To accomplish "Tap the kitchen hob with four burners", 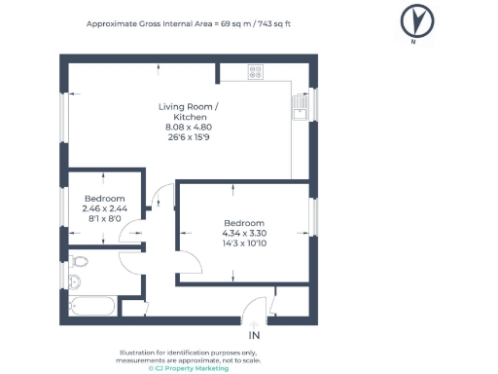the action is click(x=256, y=72).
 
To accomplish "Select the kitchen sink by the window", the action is click(x=301, y=108).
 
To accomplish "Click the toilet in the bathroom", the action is click(x=79, y=261).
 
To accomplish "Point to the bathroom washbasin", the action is click(x=75, y=281).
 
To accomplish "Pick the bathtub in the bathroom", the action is click(x=92, y=306).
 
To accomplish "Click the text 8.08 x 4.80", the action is click(x=189, y=127).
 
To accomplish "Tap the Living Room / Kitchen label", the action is click(x=189, y=112).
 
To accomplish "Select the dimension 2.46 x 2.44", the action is click(x=105, y=208).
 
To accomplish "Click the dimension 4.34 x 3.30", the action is click(x=244, y=233).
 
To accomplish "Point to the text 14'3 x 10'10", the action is click(x=244, y=243).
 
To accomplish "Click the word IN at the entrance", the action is click(x=254, y=335).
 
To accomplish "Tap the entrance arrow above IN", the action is click(x=254, y=325).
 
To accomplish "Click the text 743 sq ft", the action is click(x=274, y=23).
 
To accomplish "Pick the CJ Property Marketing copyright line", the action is click(x=189, y=368).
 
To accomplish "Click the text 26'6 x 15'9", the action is click(x=189, y=137).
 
